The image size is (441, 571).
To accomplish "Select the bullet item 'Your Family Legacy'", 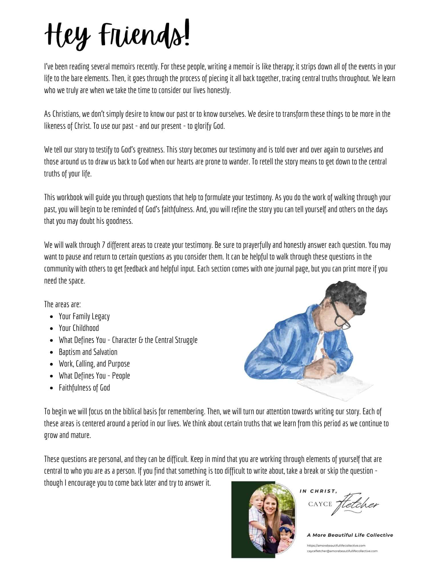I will point(84,316).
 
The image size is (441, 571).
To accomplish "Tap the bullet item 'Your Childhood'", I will point(79,328).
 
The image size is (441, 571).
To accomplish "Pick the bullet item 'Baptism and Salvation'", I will point(88,352).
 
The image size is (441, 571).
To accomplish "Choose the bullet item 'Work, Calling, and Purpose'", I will point(94,364).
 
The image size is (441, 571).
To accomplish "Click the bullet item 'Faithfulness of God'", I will point(84,388).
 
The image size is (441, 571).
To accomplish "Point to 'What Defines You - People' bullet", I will point(94,376).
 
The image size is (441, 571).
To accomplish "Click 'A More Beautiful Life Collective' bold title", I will point(350,535).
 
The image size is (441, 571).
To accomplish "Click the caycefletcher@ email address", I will point(342,551).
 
